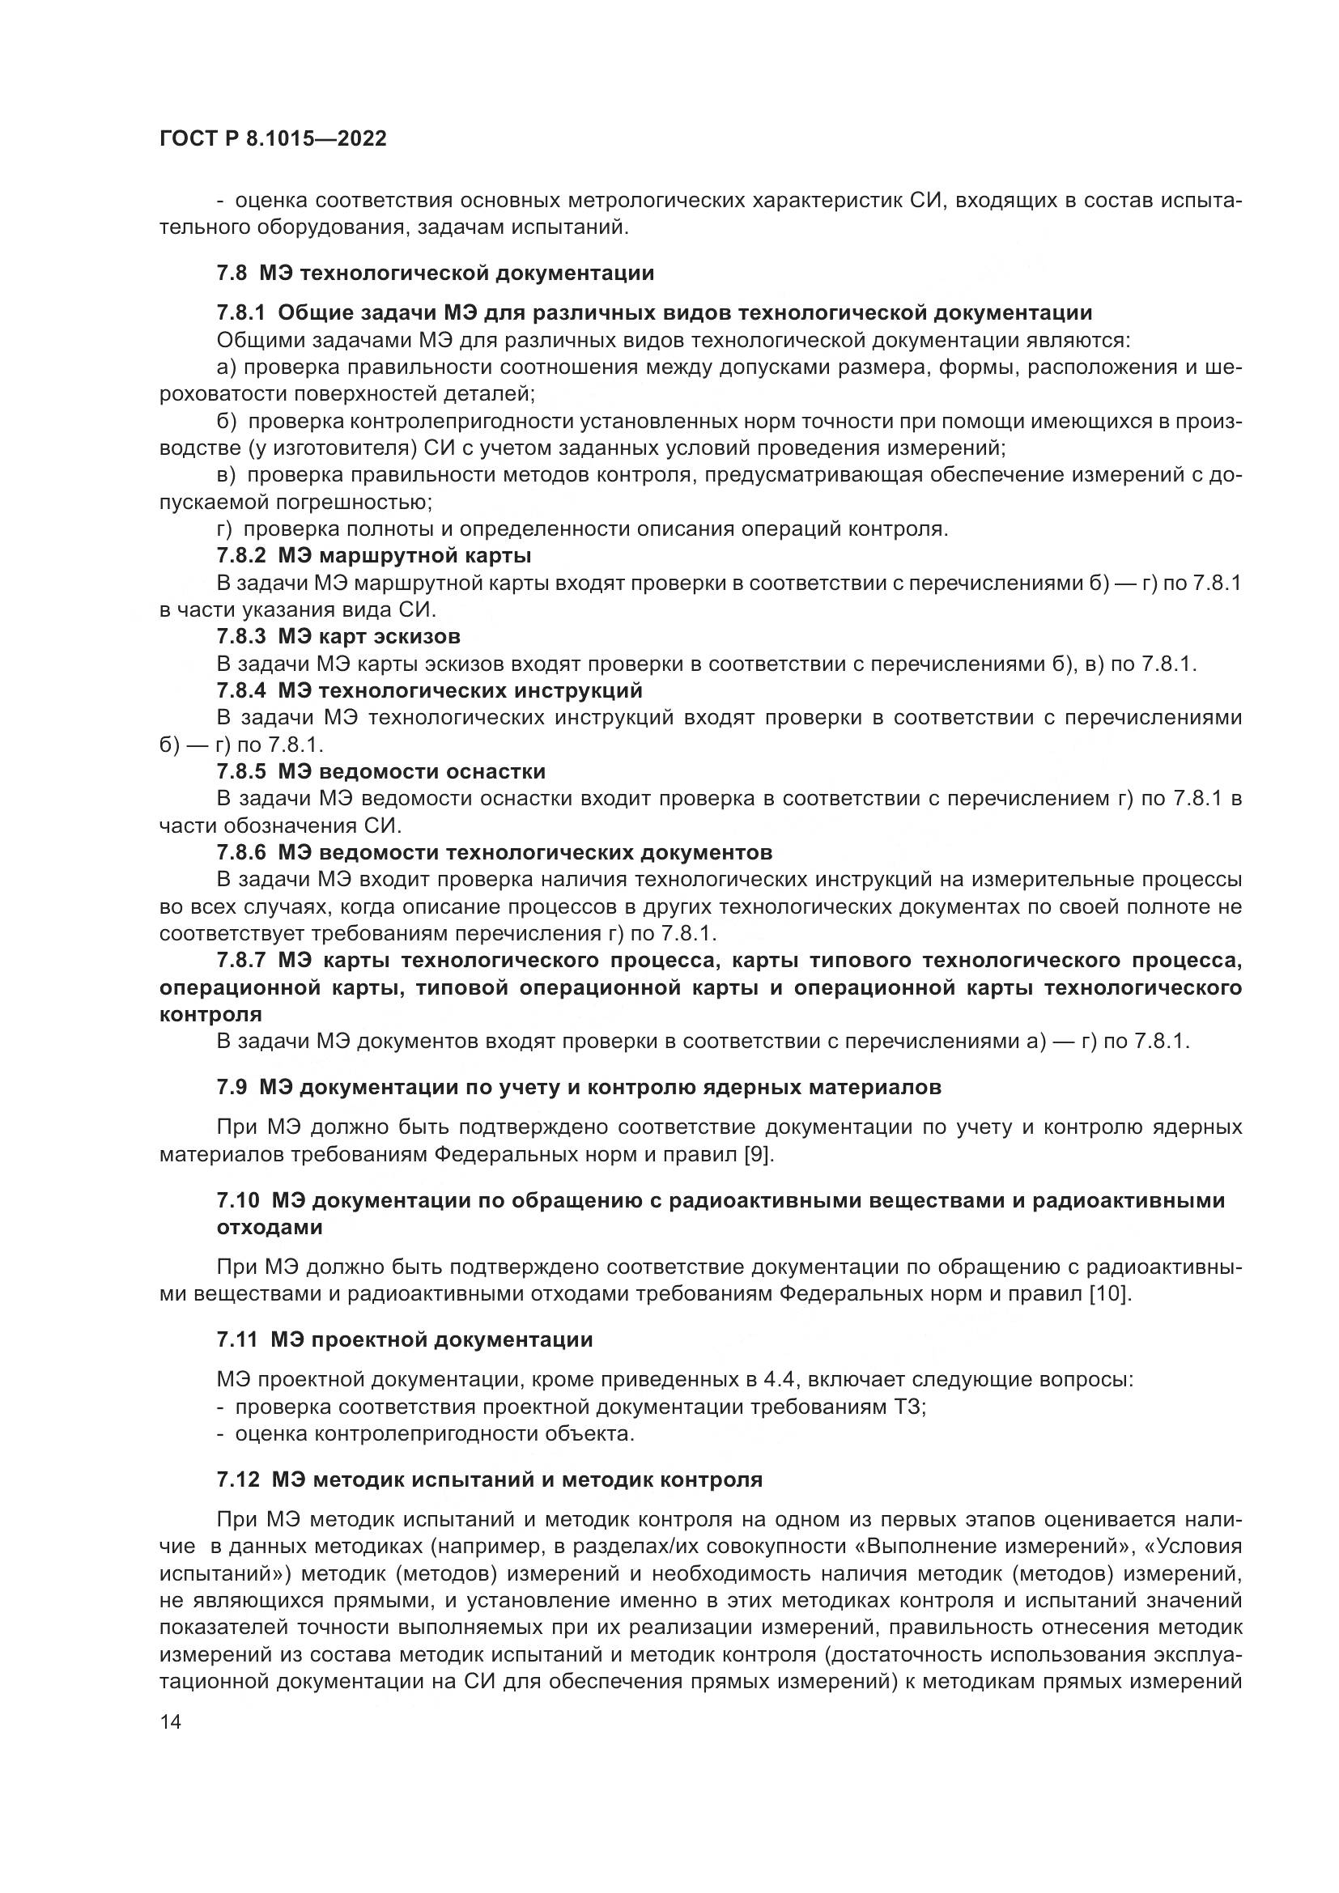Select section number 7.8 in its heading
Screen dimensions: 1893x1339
click(232, 273)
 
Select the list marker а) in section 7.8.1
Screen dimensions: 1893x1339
click(227, 367)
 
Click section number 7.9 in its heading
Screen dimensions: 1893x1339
click(232, 1088)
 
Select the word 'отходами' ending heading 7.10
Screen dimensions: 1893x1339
click(270, 1227)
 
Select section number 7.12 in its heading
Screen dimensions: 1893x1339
click(237, 1480)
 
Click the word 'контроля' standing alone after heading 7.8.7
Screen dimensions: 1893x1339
click(210, 1014)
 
